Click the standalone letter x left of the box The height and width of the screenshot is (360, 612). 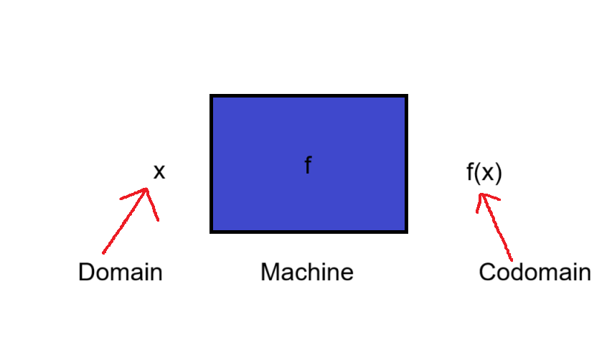[x=159, y=172]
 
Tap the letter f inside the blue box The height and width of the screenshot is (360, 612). [x=308, y=165]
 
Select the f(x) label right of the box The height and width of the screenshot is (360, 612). [x=484, y=172]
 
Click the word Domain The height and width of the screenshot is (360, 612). [x=121, y=272]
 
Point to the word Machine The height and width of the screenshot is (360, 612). [x=307, y=272]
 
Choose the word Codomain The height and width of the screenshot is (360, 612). [x=535, y=272]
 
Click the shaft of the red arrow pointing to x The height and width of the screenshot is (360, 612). [x=125, y=221]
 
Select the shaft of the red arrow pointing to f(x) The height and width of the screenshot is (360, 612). [x=496, y=227]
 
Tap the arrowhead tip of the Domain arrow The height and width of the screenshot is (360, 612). [x=147, y=189]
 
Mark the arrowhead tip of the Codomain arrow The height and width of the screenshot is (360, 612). [x=481, y=194]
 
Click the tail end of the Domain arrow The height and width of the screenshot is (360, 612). [x=103, y=252]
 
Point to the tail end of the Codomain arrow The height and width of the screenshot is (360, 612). [x=512, y=260]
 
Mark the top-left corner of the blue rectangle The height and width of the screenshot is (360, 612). [x=210, y=95]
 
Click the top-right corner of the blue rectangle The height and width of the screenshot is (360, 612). [x=408, y=95]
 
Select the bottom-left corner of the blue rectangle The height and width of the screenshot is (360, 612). [x=210, y=233]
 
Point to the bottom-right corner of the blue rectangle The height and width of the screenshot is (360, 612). [x=408, y=233]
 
